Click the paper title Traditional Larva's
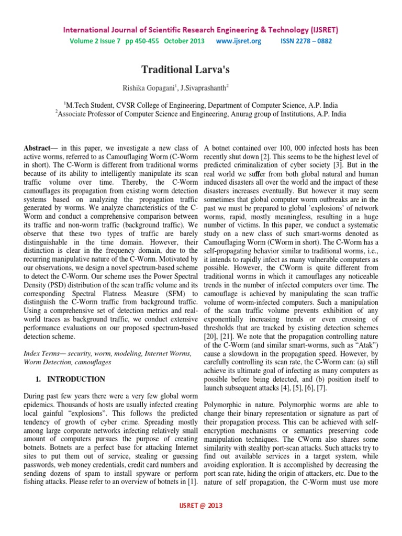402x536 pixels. (x=200, y=69)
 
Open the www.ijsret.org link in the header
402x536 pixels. (x=238, y=41)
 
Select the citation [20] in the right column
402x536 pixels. (x=211, y=346)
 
